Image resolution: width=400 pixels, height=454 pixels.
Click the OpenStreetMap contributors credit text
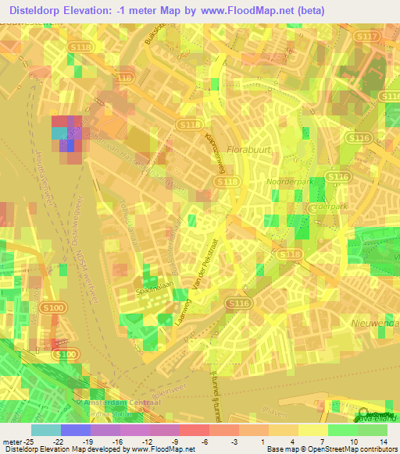pyautogui.click(x=341, y=449)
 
